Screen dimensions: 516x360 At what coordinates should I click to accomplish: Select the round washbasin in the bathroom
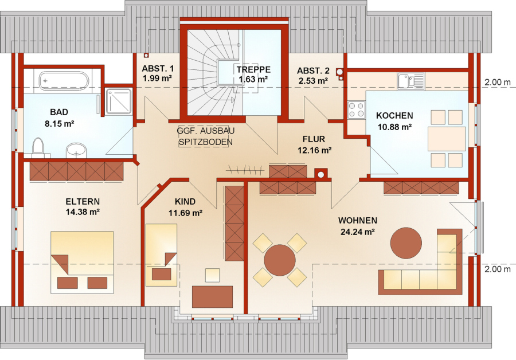[76, 151]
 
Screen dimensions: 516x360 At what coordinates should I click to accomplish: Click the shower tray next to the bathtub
[119, 101]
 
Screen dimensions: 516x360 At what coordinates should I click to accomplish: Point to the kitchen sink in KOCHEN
[411, 81]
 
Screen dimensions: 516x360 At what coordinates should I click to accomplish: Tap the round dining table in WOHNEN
[280, 260]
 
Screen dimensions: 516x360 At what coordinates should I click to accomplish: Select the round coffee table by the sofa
[406, 244]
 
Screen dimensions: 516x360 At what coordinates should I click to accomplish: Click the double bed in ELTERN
[82, 263]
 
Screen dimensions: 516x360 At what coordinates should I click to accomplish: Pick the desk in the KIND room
[212, 297]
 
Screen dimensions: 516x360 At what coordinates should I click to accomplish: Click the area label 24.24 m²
[358, 232]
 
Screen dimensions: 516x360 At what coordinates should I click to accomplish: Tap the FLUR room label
[314, 139]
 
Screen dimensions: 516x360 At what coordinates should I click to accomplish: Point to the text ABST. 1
[158, 69]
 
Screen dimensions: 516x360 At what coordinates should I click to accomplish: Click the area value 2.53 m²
[313, 81]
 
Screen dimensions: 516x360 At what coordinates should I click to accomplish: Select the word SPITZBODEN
[206, 142]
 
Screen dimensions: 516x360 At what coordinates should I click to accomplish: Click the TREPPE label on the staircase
[254, 69]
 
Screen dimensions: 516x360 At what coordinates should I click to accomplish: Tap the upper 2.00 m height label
[498, 83]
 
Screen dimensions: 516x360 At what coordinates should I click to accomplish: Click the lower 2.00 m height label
[498, 269]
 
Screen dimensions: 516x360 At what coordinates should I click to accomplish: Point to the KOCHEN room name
[394, 115]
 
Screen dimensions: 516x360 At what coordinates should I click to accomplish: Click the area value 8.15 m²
[59, 124]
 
